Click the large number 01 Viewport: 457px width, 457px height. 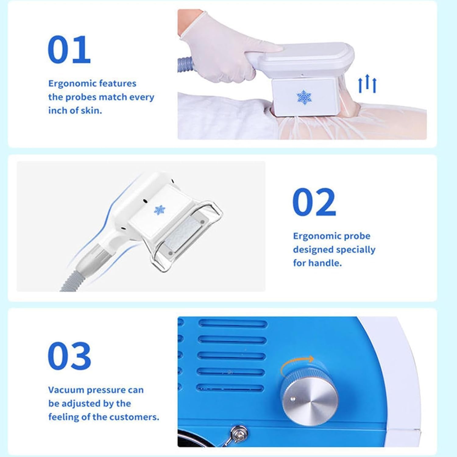tap(69, 50)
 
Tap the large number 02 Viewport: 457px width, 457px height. tap(314, 202)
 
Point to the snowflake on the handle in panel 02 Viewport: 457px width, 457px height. tap(159, 210)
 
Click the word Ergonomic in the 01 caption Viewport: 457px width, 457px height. tap(69, 84)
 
